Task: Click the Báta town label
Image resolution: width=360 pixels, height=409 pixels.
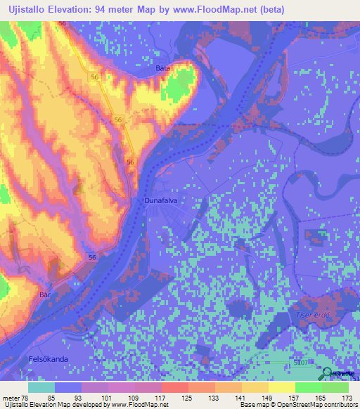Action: click(163, 68)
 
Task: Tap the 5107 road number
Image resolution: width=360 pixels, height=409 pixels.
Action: click(302, 363)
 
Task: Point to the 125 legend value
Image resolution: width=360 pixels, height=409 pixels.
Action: click(188, 398)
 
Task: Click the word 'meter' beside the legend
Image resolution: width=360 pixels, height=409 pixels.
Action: click(10, 398)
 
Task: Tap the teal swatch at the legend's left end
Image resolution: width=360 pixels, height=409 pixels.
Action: click(41, 387)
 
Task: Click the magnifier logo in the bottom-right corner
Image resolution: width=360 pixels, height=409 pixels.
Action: click(328, 374)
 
